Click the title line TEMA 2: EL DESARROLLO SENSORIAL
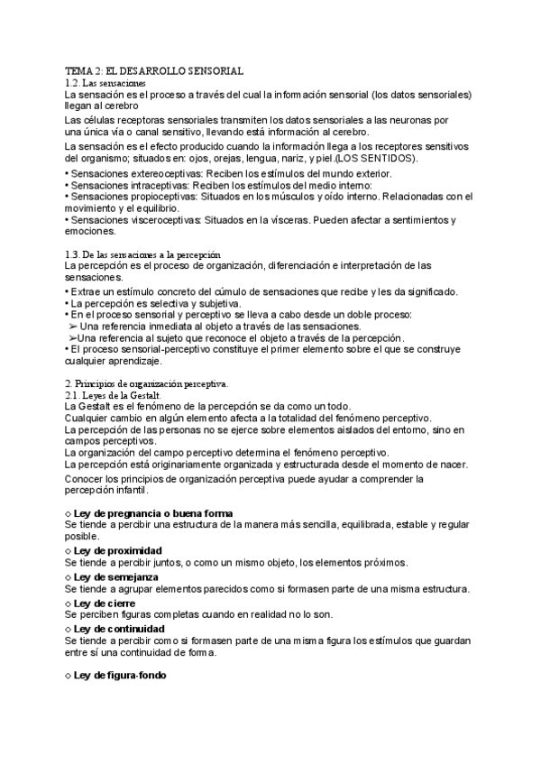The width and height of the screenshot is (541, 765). pyautogui.click(x=155, y=70)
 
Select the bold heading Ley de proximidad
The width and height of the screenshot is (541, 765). pyautogui.click(x=118, y=550)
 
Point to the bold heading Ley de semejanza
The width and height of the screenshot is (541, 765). pyautogui.click(x=117, y=576)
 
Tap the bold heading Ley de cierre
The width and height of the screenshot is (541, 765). pyautogui.click(x=106, y=602)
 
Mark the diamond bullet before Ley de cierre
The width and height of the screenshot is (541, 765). pyautogui.click(x=69, y=603)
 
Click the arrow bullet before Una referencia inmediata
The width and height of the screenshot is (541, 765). pyautogui.click(x=73, y=327)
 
